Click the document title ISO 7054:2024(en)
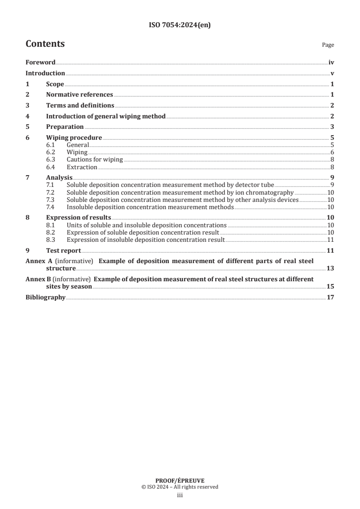tap(180, 25)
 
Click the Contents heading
tap(45, 44)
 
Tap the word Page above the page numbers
tap(328, 45)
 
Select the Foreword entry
tap(40, 63)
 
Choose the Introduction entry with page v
tap(45, 73)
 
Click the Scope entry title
tap(55, 84)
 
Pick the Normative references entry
tap(79, 95)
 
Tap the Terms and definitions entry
tap(80, 105)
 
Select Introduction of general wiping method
tap(106, 116)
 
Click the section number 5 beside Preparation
tap(27, 127)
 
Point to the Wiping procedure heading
tap(74, 137)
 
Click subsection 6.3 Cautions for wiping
tap(95, 160)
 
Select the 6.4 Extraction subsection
tap(82, 167)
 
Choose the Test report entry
tap(64, 250)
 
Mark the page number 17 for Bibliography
tap(330, 298)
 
